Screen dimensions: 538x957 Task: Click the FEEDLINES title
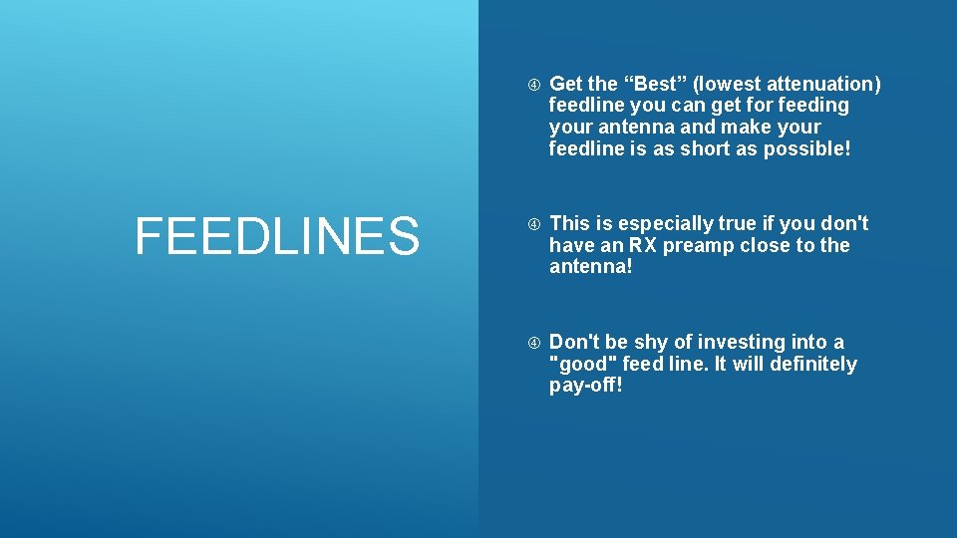click(277, 236)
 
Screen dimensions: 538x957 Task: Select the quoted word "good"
click(583, 364)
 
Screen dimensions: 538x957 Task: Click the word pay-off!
click(586, 386)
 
